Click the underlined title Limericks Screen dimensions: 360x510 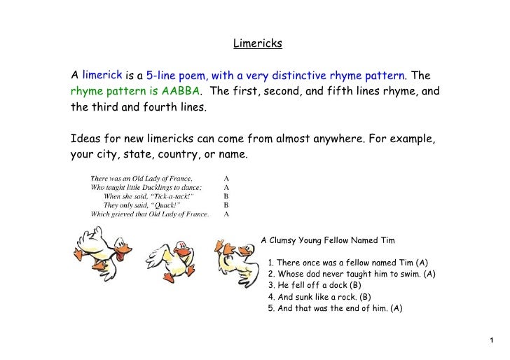point(257,44)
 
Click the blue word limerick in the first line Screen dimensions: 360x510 point(103,75)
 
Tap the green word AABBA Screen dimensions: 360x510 point(181,92)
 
